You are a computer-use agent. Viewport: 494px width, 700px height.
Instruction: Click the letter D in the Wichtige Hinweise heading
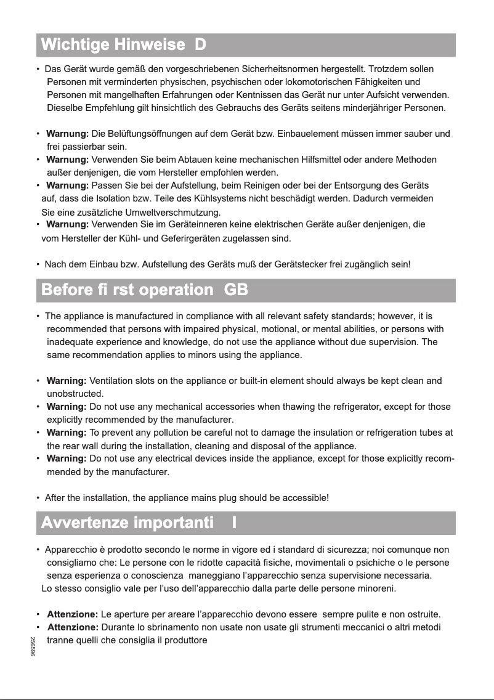[200, 45]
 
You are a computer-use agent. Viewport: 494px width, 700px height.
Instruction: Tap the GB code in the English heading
[237, 290]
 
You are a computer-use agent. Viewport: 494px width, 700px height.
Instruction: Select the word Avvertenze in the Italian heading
[83, 523]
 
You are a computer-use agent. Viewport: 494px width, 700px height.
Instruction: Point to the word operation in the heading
[180, 290]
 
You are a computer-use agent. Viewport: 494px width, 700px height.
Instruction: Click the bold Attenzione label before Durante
[73, 627]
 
